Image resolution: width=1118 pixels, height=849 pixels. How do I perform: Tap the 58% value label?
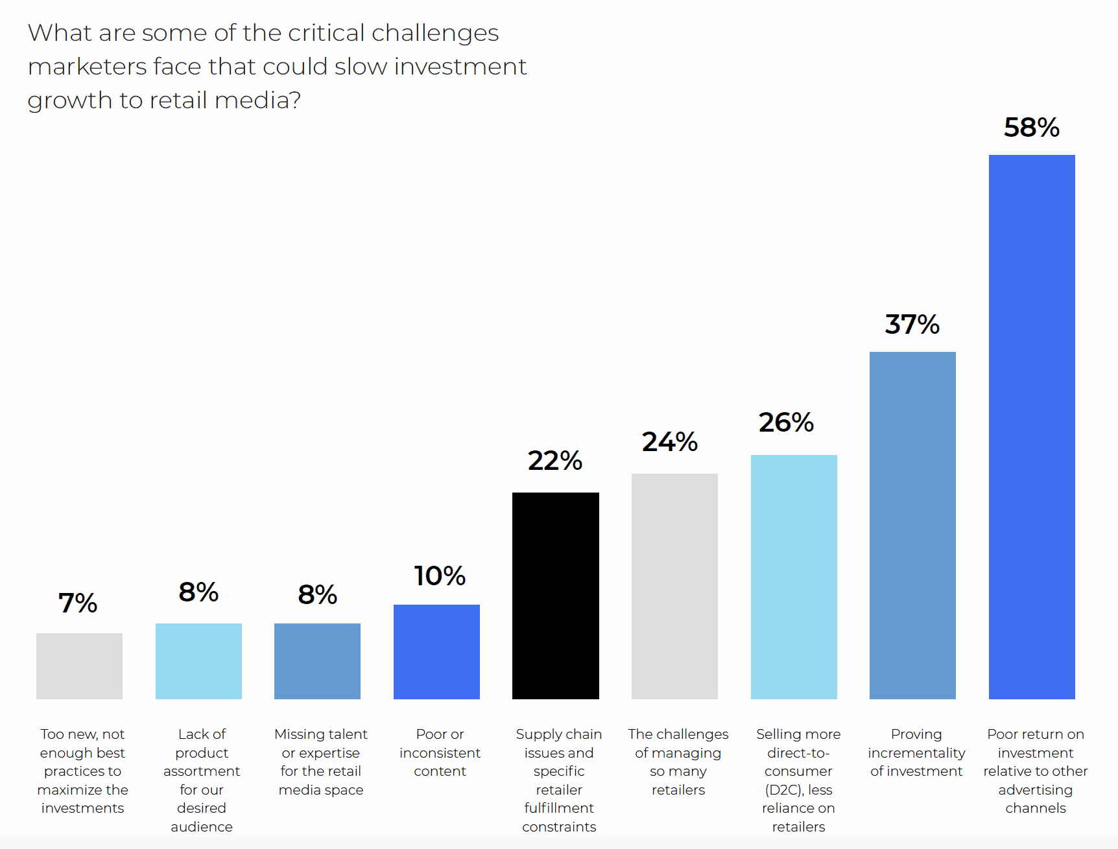pyautogui.click(x=1031, y=128)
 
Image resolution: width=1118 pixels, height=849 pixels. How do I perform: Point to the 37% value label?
pyautogui.click(x=912, y=325)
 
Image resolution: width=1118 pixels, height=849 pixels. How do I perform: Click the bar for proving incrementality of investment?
pyautogui.click(x=912, y=525)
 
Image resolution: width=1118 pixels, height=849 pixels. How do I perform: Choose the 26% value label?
pyautogui.click(x=786, y=423)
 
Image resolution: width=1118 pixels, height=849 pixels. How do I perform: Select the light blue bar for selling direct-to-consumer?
pyautogui.click(x=794, y=577)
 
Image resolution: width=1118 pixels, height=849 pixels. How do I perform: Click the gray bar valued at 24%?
pyautogui.click(x=674, y=586)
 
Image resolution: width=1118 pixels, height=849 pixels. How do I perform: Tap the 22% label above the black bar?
pyautogui.click(x=554, y=461)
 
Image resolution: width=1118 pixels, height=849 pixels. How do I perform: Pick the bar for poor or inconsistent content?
pyautogui.click(x=436, y=651)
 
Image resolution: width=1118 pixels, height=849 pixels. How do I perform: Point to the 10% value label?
pyautogui.click(x=440, y=576)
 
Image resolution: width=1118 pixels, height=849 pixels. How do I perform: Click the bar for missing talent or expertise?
pyautogui.click(x=317, y=661)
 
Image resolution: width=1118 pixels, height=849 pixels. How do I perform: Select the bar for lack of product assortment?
pyautogui.click(x=198, y=661)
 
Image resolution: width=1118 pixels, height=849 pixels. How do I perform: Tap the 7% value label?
pyautogui.click(x=78, y=603)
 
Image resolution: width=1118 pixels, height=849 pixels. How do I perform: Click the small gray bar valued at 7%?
pyautogui.click(x=79, y=666)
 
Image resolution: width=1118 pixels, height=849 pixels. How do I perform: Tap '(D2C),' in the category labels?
pyautogui.click(x=784, y=790)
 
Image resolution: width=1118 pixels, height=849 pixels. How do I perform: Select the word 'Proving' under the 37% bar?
pyautogui.click(x=916, y=734)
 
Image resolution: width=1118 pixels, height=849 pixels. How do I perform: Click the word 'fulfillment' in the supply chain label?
pyautogui.click(x=559, y=808)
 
